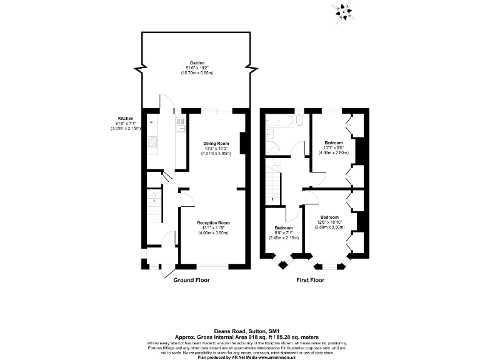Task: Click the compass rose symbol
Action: pos(343,11)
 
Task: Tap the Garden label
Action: pos(197,64)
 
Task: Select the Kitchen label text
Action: pos(126,119)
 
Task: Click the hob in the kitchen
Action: pos(152,143)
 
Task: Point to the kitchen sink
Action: pos(181,126)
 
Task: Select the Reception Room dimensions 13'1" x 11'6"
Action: pos(213,228)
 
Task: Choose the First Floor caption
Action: pos(311,281)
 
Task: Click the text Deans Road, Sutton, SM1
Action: pos(240,331)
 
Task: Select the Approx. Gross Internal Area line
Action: pos(240,337)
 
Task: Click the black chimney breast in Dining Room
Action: pos(244,142)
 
